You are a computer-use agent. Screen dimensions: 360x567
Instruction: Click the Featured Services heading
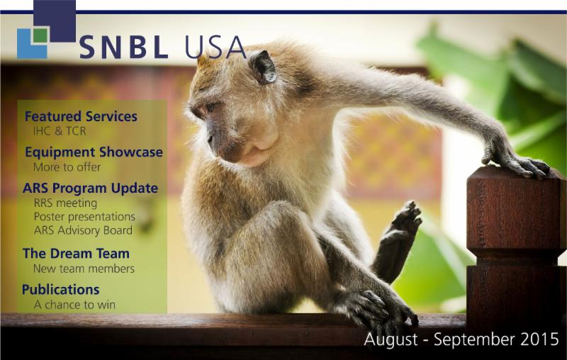(81, 116)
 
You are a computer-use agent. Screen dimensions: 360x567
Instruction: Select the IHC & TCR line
(63, 131)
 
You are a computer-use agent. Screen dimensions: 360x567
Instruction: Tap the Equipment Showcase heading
(94, 152)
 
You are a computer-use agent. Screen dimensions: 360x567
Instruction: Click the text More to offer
(67, 167)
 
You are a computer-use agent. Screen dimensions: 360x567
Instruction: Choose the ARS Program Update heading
(90, 189)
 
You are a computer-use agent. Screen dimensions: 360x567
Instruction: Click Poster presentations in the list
(84, 217)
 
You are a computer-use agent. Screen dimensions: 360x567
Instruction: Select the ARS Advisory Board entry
(82, 230)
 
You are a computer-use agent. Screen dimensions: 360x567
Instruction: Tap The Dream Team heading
(76, 253)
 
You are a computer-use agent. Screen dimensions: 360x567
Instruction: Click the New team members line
(84, 269)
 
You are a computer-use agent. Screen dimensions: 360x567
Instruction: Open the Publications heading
(60, 290)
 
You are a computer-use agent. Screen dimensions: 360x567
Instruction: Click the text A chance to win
(74, 305)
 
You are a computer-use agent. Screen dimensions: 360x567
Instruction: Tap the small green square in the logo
(41, 35)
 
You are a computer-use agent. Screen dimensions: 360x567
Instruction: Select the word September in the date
(466, 339)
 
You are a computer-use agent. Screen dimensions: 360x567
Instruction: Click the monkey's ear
(263, 67)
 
